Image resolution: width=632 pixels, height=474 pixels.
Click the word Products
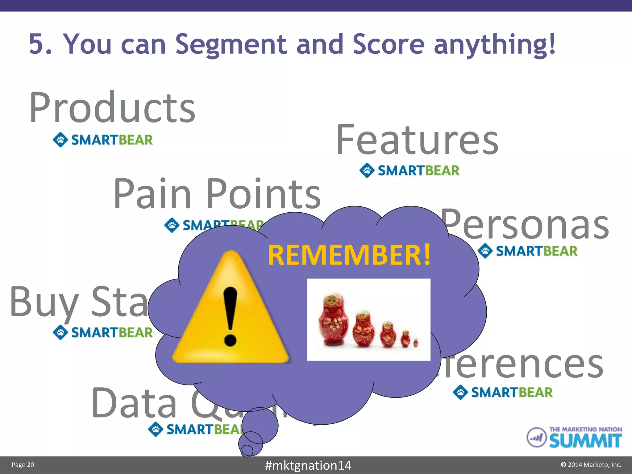[x=112, y=108]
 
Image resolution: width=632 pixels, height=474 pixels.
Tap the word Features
[x=417, y=140]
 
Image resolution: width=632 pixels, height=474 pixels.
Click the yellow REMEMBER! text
[x=349, y=255]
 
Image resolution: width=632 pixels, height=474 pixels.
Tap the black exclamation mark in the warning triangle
[x=230, y=316]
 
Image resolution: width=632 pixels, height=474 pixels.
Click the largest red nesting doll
[x=333, y=319]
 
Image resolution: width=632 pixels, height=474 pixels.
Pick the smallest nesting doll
[x=416, y=343]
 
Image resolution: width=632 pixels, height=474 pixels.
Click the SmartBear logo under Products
[x=103, y=140]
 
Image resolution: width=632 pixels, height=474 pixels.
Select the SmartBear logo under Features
[x=410, y=170]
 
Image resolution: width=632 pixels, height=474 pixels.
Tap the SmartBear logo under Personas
[x=527, y=251]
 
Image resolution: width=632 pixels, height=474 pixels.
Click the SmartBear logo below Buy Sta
[x=103, y=332]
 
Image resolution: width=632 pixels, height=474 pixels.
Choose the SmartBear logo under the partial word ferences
[x=503, y=392]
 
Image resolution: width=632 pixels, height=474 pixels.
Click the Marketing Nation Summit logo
[x=574, y=437]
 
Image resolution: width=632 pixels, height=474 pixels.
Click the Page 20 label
[x=23, y=465]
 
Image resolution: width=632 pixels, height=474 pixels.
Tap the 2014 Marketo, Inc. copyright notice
[x=591, y=465]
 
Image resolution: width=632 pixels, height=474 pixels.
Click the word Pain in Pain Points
[x=152, y=194]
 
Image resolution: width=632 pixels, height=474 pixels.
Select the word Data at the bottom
[x=134, y=403]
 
